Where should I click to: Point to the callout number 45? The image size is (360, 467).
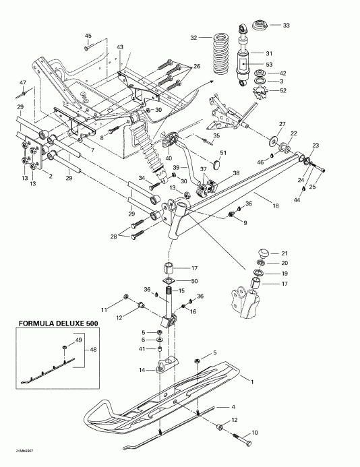tap(88, 35)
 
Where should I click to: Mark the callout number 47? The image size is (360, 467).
tap(22, 82)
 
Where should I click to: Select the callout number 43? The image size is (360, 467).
tap(120, 46)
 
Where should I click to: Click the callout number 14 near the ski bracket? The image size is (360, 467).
tap(142, 370)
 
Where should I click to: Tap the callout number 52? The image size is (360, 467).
tap(283, 90)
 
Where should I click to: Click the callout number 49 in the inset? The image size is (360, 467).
tap(78, 340)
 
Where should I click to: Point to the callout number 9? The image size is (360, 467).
tap(244, 223)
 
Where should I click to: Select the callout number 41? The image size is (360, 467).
tap(142, 349)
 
